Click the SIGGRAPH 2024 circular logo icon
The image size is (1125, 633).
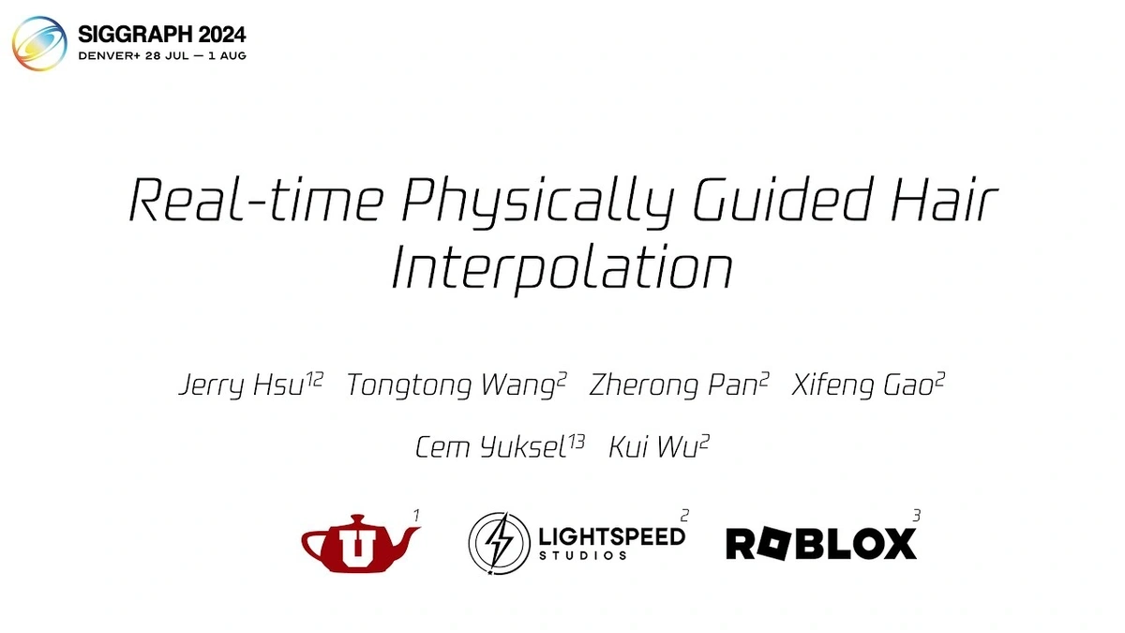[39, 43]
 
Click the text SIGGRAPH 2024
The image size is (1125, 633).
[162, 34]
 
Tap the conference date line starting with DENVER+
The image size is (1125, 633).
[162, 55]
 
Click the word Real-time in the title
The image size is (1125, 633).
[256, 200]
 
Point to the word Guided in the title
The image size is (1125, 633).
[783, 199]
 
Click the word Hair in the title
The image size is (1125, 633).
[944, 200]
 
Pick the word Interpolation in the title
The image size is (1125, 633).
[562, 269]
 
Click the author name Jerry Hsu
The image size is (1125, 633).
[242, 385]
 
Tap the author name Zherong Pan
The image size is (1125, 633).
[673, 385]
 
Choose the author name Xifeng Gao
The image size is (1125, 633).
[862, 385]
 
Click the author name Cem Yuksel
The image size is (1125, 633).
[490, 447]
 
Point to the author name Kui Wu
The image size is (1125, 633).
[652, 446]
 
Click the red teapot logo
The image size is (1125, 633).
[361, 544]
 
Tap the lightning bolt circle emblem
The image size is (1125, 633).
[499, 543]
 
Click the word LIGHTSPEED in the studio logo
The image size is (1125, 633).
[611, 537]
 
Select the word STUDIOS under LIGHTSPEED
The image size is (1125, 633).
[582, 555]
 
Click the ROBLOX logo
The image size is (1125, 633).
[821, 544]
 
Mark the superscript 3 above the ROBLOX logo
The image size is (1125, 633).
[917, 516]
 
